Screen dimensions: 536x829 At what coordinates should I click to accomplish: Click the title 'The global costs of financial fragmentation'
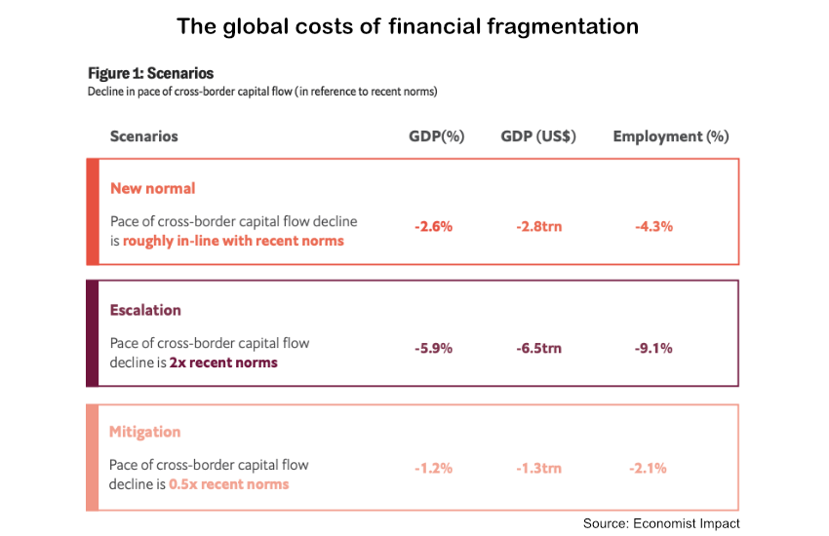click(x=407, y=26)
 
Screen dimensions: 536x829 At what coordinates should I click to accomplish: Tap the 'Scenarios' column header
click(x=144, y=136)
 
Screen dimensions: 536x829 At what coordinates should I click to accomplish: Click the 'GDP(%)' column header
click(x=436, y=136)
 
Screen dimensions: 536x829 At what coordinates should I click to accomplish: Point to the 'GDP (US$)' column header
click(x=538, y=136)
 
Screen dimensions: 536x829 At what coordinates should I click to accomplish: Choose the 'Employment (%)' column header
click(x=671, y=136)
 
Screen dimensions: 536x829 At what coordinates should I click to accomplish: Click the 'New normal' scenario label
click(x=152, y=188)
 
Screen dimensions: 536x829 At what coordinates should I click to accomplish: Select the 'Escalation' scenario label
click(x=145, y=310)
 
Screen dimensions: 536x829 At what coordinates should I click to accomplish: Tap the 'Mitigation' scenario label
click(x=145, y=432)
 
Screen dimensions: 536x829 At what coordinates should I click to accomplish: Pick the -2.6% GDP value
click(x=433, y=226)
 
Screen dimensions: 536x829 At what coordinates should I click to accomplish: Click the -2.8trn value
click(x=538, y=226)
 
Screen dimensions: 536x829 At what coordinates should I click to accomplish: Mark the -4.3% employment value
click(x=653, y=226)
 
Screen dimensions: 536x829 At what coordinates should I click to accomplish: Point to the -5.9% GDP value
click(x=433, y=348)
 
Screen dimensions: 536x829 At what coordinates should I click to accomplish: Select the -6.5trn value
click(x=538, y=348)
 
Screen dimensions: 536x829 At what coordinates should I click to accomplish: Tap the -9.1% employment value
click(x=653, y=348)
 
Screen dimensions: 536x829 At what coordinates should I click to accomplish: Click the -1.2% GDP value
click(x=433, y=468)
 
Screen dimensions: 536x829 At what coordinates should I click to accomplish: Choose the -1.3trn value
click(x=538, y=468)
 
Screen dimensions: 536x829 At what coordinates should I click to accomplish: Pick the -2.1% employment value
click(x=648, y=468)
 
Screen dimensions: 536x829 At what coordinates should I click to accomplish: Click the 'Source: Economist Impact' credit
click(x=661, y=523)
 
